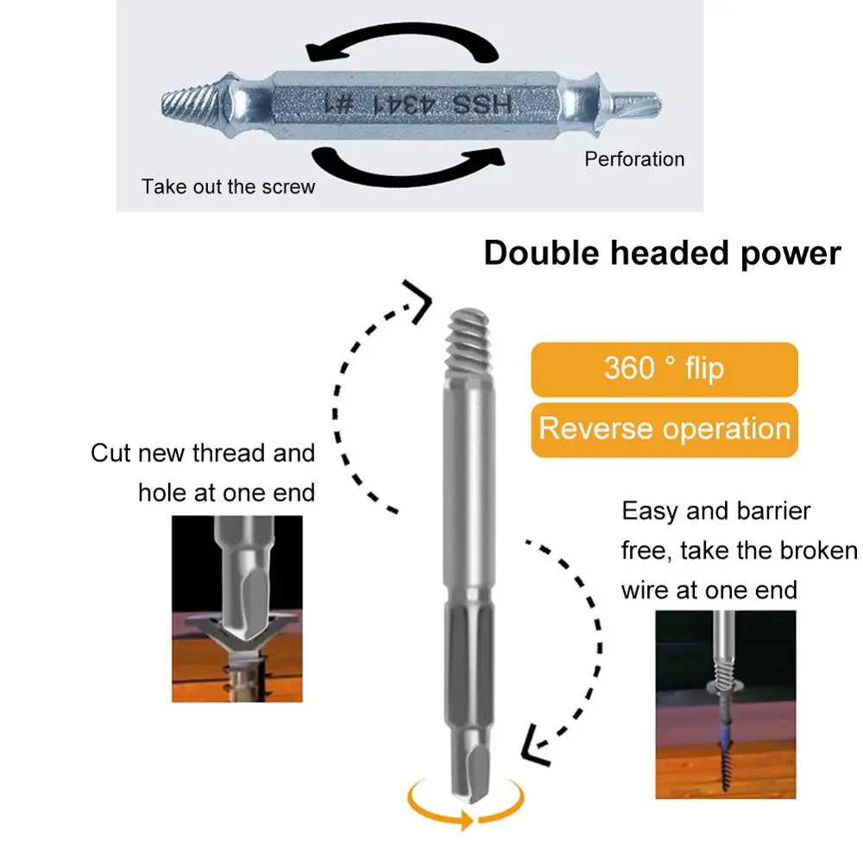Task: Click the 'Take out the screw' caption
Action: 229,186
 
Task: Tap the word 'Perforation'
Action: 634,159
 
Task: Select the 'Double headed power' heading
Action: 662,254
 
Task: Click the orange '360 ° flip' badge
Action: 664,369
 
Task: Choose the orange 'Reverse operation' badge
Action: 664,429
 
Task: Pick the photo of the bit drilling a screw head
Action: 237,608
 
